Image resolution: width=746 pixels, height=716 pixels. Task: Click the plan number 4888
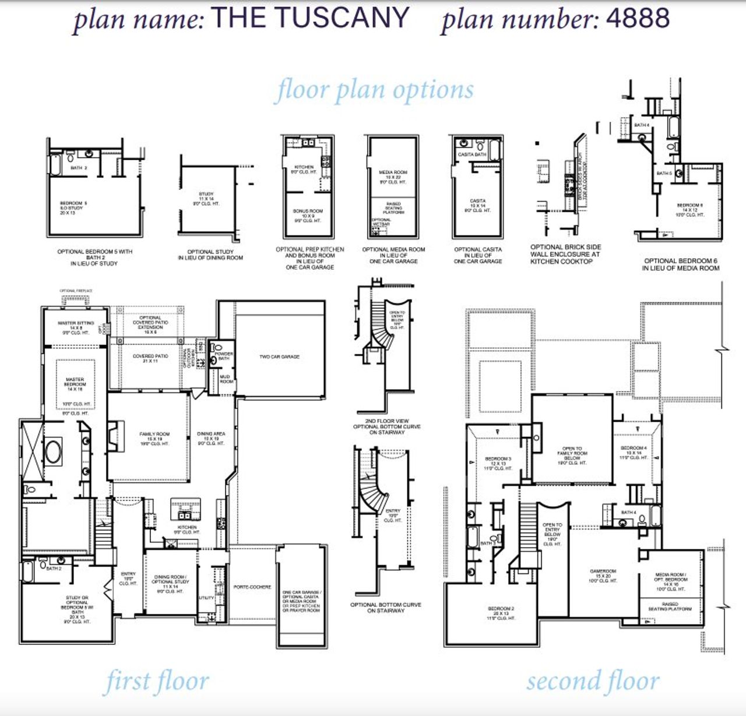pos(638,19)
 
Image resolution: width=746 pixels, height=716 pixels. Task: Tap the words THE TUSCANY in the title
pos(309,17)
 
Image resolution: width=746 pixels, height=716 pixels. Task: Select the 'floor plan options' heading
pos(374,90)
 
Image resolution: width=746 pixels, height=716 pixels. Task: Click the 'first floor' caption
pos(156,681)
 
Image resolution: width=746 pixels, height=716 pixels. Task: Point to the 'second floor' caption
pos(593,681)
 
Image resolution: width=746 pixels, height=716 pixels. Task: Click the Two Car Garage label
pos(279,357)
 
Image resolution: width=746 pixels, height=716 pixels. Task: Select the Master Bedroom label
pos(75,385)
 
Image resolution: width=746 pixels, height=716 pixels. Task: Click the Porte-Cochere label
pos(252,587)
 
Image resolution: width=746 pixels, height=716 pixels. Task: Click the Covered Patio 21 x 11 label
pos(150,358)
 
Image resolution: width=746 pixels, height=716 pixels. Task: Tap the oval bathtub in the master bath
pos(54,452)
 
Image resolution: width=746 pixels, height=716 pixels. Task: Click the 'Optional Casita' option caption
pos(477,255)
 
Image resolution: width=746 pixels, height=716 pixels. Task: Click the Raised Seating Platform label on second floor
pos(670,606)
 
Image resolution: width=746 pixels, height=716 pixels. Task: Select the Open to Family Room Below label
pos(572,455)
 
